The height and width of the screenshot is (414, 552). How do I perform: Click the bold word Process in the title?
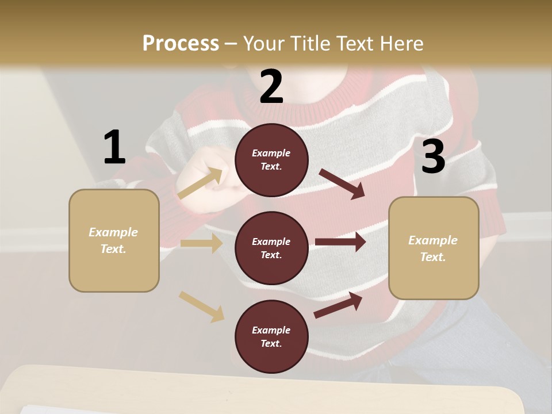181,43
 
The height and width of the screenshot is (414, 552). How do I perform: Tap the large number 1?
114,148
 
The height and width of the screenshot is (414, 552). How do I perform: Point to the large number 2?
271,87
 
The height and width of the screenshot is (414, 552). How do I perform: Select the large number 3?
433,157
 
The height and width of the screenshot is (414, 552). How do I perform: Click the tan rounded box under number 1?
114,240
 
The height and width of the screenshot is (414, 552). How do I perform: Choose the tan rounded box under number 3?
434,248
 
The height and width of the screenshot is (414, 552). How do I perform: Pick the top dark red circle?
271,160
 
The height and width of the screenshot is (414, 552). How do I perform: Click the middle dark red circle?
271,248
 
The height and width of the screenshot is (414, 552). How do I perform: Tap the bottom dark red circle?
271,336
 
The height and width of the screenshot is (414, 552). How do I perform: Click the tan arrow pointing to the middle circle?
201,243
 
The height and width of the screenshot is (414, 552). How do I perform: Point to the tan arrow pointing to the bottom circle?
201,306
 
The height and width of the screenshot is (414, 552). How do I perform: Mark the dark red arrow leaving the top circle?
342,183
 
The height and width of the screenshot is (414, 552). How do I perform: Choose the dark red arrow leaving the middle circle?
340,242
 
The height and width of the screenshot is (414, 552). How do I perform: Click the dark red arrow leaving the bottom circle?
338,305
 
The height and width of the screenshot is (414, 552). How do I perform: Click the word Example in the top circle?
271,153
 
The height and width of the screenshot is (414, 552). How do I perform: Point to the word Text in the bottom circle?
270,343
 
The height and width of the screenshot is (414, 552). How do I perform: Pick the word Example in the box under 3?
433,240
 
